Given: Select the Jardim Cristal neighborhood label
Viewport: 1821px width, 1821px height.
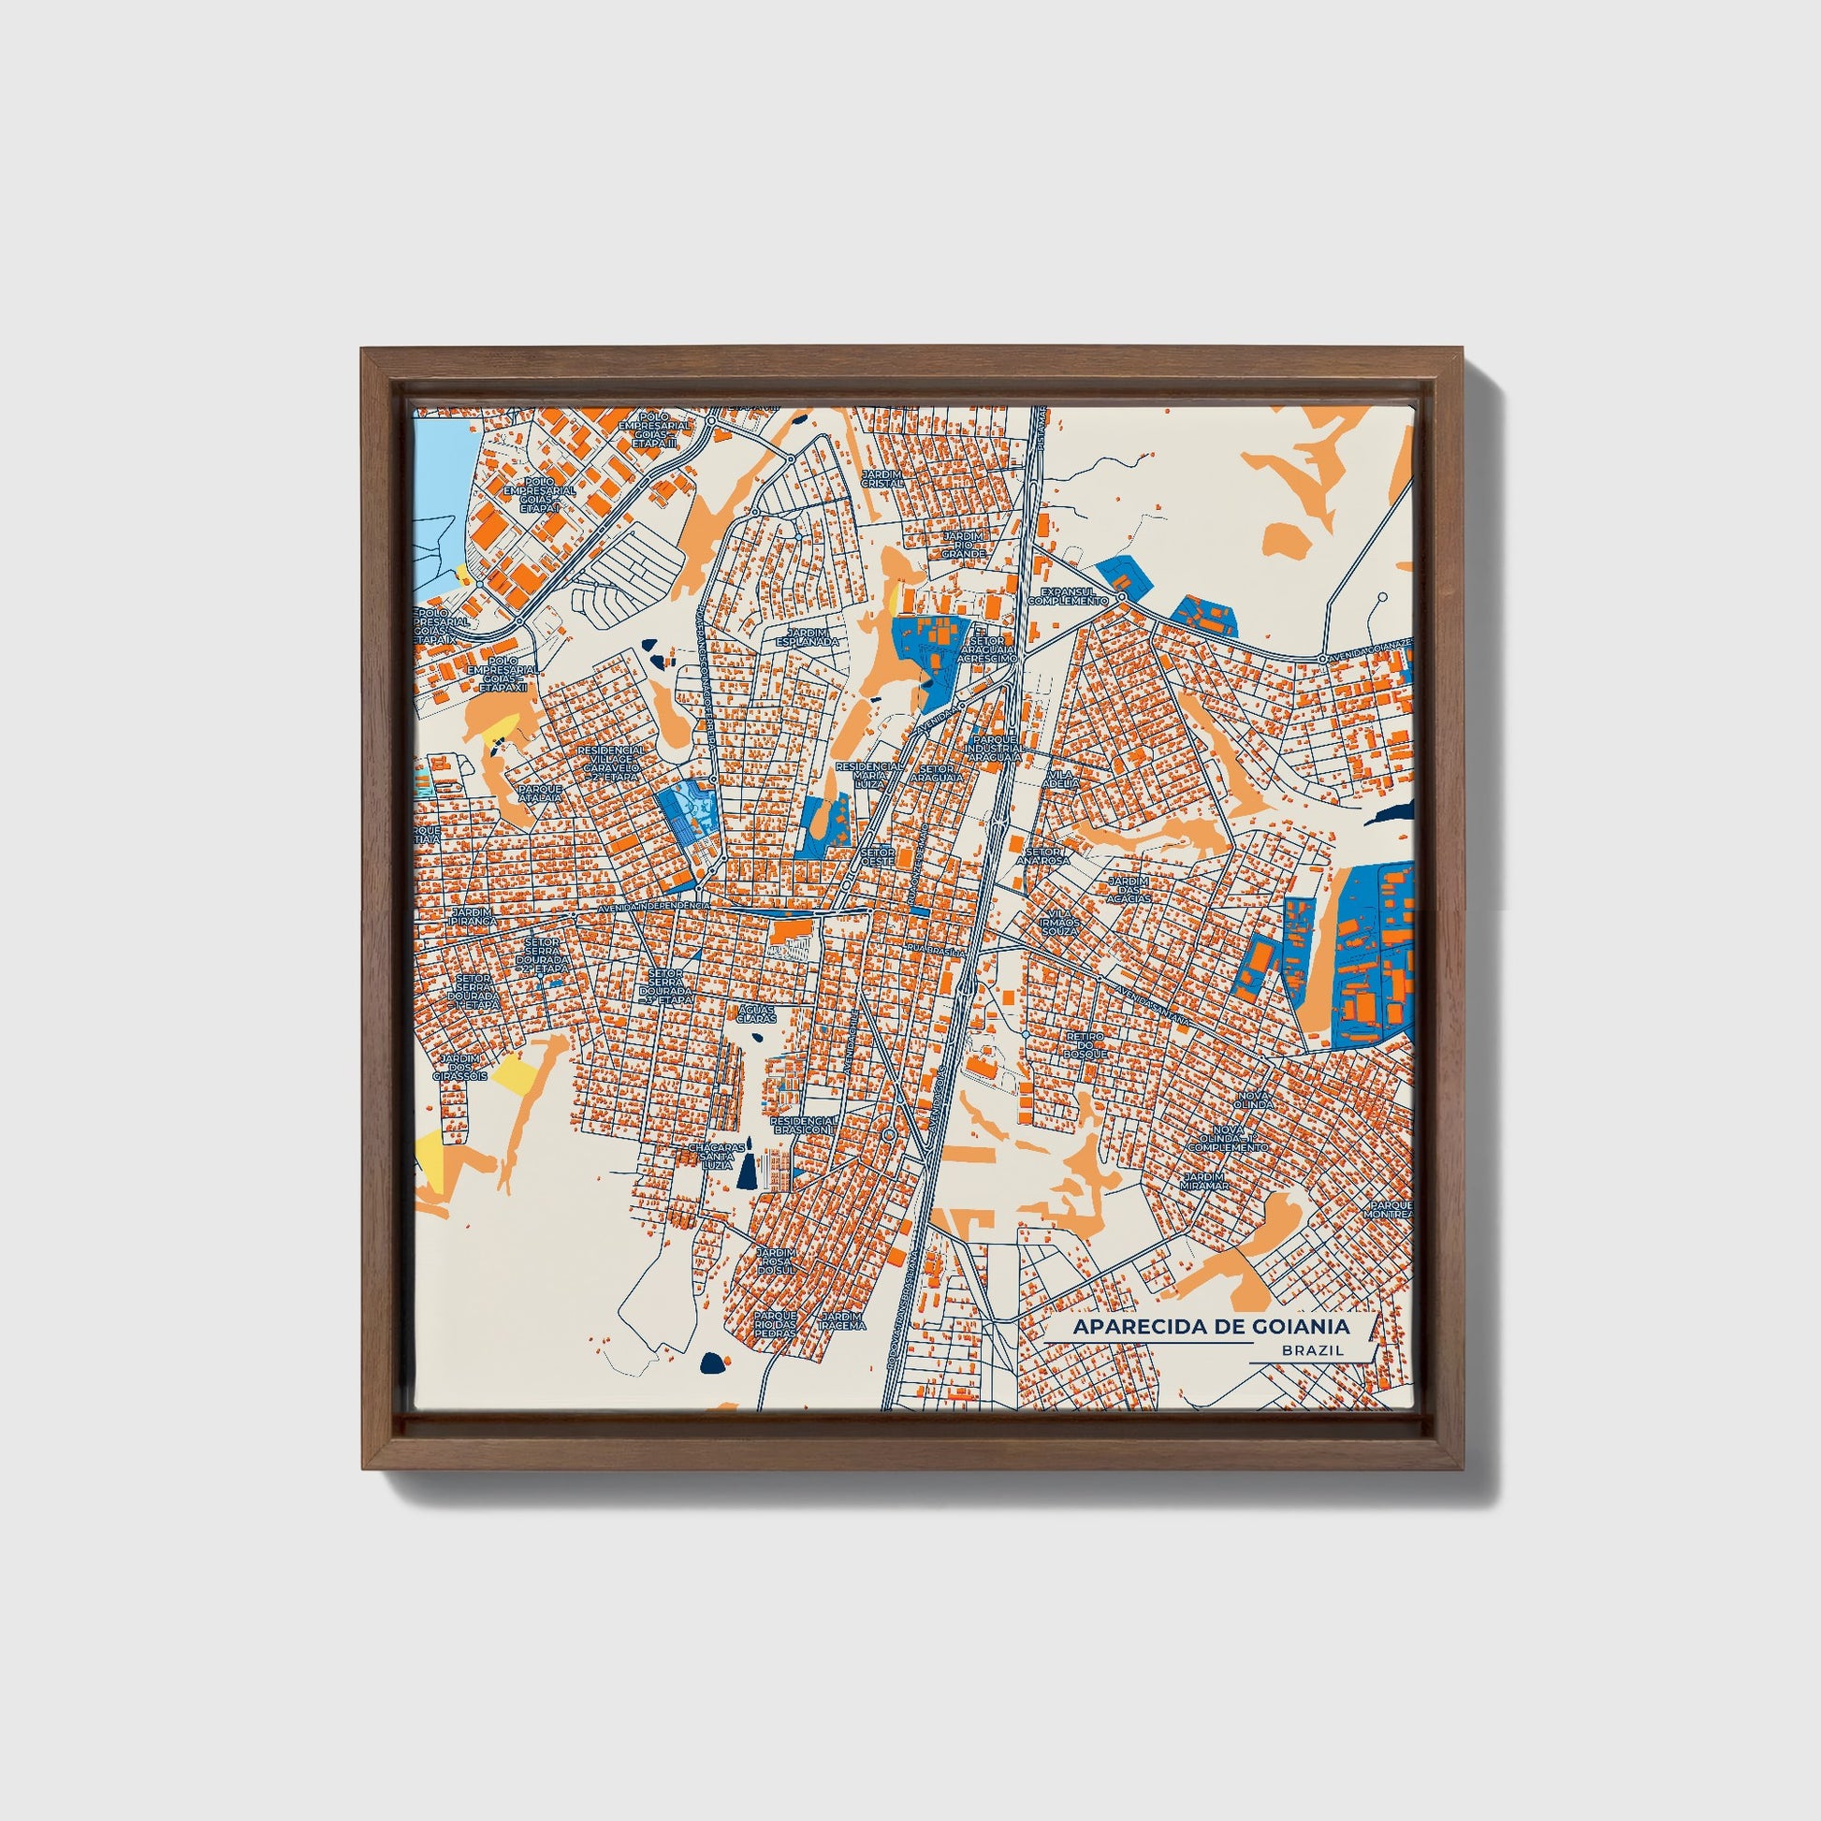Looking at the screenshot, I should (882, 479).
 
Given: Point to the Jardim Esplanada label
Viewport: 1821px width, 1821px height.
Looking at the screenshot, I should (807, 636).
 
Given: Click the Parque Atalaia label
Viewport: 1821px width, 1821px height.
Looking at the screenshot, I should (539, 793).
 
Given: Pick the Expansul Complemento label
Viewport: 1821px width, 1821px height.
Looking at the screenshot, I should (1068, 596).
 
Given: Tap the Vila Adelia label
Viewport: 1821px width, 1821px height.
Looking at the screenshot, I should (1061, 779).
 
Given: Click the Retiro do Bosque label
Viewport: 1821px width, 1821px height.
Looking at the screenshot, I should (1084, 1044).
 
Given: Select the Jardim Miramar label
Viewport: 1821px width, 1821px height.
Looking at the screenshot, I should (1204, 1181).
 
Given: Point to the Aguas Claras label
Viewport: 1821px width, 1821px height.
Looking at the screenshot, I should (756, 1013).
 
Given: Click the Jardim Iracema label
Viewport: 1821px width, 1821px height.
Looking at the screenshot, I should (841, 1319).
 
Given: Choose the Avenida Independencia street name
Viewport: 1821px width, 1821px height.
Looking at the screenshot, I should (653, 906).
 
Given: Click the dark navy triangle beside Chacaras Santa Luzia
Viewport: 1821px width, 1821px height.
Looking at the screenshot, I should (747, 1173).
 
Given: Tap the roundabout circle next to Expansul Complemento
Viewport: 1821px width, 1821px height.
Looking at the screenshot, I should (1122, 598).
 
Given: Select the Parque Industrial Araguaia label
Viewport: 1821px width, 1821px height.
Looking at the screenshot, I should (994, 749).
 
